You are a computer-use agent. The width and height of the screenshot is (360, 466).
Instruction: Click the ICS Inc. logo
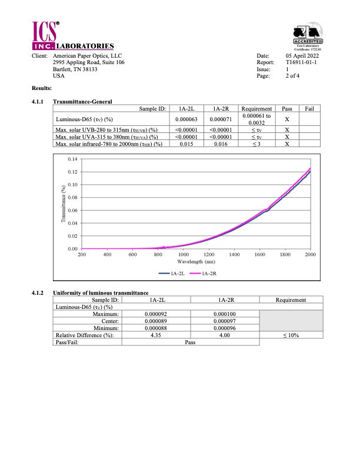click(x=46, y=34)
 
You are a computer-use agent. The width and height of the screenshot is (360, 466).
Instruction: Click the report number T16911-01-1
click(x=301, y=62)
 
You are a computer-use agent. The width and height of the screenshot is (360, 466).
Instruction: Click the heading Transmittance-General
click(x=82, y=102)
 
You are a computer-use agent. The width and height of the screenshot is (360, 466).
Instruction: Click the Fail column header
click(x=309, y=109)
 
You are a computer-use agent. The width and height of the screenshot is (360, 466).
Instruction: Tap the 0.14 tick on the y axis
click(x=73, y=159)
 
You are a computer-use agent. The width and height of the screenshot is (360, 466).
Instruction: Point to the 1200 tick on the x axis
click(x=209, y=255)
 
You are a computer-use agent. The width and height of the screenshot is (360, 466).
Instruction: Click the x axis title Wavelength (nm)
click(x=196, y=261)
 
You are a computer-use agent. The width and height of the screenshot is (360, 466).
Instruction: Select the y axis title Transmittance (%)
click(x=64, y=204)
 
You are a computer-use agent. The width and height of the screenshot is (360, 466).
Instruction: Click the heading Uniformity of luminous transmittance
click(x=101, y=293)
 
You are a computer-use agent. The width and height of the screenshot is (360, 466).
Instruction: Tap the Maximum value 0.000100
click(x=223, y=314)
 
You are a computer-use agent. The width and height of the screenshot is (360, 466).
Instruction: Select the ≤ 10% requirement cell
click(x=291, y=335)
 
